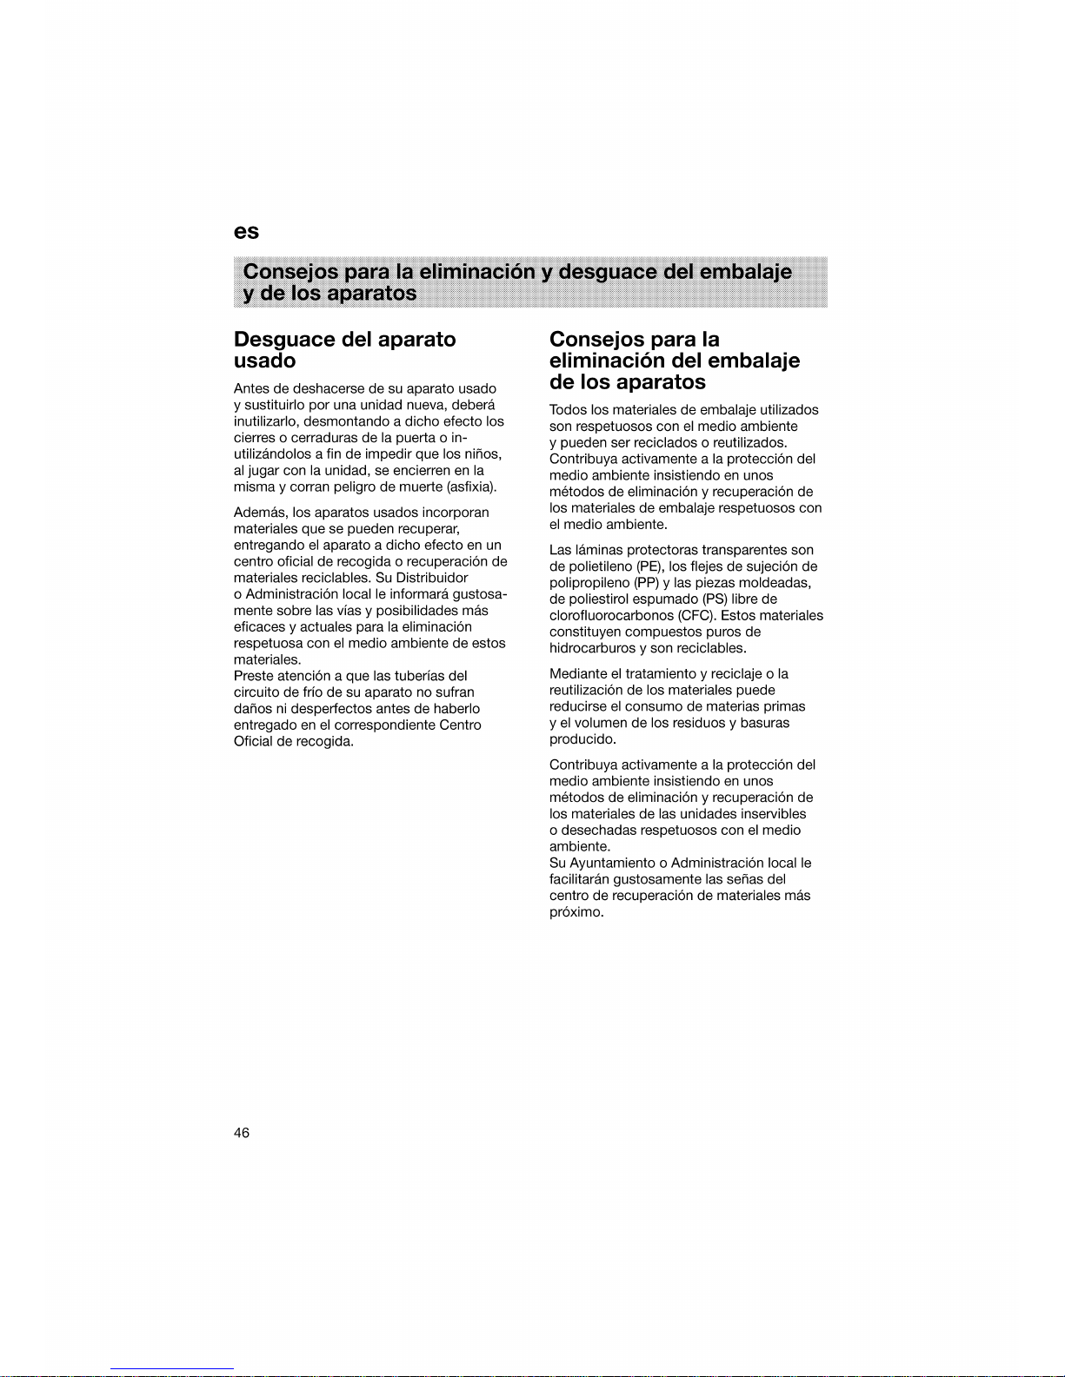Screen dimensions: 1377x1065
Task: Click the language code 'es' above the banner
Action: [x=246, y=232]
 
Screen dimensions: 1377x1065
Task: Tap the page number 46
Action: [x=242, y=1132]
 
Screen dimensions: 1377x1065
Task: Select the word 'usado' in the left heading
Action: [x=265, y=361]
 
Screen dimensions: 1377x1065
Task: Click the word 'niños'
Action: [x=484, y=453]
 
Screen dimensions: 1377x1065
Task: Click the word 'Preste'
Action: [x=252, y=676]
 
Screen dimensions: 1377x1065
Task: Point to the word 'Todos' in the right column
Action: [x=568, y=409]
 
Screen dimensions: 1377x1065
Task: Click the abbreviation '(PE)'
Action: [x=650, y=566]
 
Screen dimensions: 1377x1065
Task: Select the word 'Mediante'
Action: [x=578, y=674]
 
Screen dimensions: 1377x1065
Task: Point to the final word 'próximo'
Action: [x=575, y=912]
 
